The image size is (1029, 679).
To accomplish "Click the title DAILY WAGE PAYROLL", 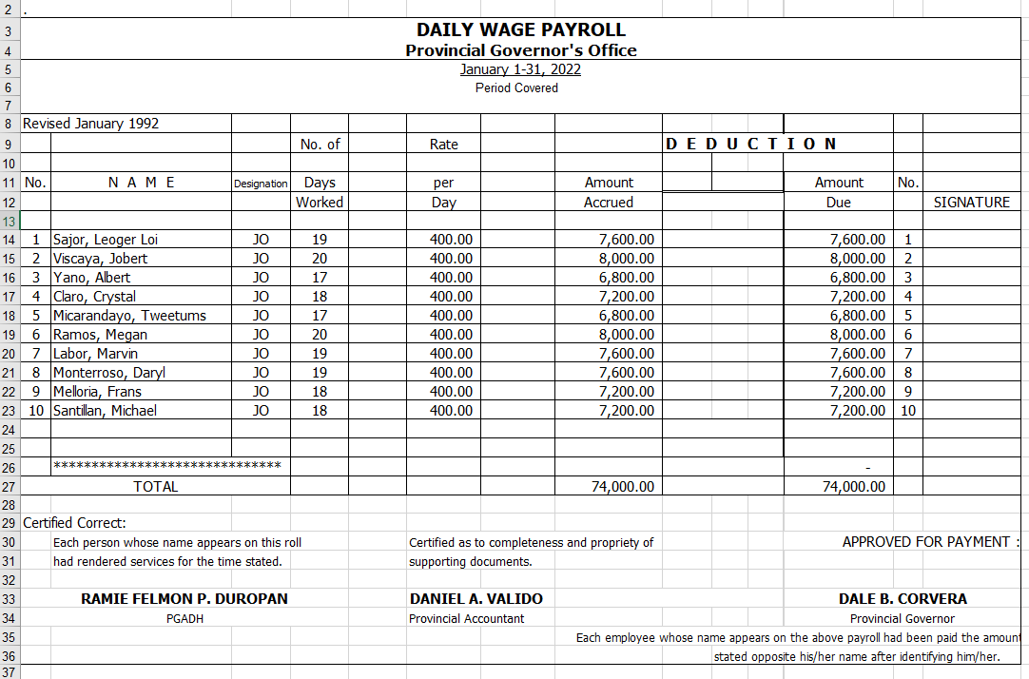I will [x=520, y=30].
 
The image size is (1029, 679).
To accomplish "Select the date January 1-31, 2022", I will [x=520, y=69].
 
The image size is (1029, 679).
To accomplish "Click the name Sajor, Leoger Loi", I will [x=106, y=240].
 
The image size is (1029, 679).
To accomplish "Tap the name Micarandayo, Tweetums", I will [x=129, y=316].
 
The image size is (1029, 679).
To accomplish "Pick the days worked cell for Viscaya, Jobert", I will [x=320, y=259].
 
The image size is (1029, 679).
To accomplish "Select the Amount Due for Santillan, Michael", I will [x=858, y=411].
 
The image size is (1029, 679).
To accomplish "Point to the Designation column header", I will [x=261, y=184].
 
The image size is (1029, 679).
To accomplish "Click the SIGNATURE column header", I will [x=971, y=203].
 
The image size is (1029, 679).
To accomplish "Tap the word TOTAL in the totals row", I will [x=156, y=487].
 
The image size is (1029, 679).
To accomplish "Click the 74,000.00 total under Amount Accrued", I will [x=619, y=487].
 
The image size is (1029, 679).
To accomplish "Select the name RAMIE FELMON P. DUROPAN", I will [x=184, y=599].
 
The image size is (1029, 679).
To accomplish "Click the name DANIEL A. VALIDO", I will [x=476, y=599].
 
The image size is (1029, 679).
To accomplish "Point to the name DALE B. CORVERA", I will [x=903, y=599].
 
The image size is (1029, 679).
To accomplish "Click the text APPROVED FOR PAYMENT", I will [x=926, y=542].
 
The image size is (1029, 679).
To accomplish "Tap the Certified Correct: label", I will [x=74, y=523].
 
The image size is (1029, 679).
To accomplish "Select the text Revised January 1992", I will [x=91, y=124].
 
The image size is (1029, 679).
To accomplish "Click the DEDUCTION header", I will [x=751, y=145].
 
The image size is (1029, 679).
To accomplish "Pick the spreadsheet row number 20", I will [x=9, y=354].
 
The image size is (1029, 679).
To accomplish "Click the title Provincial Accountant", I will [x=466, y=619].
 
